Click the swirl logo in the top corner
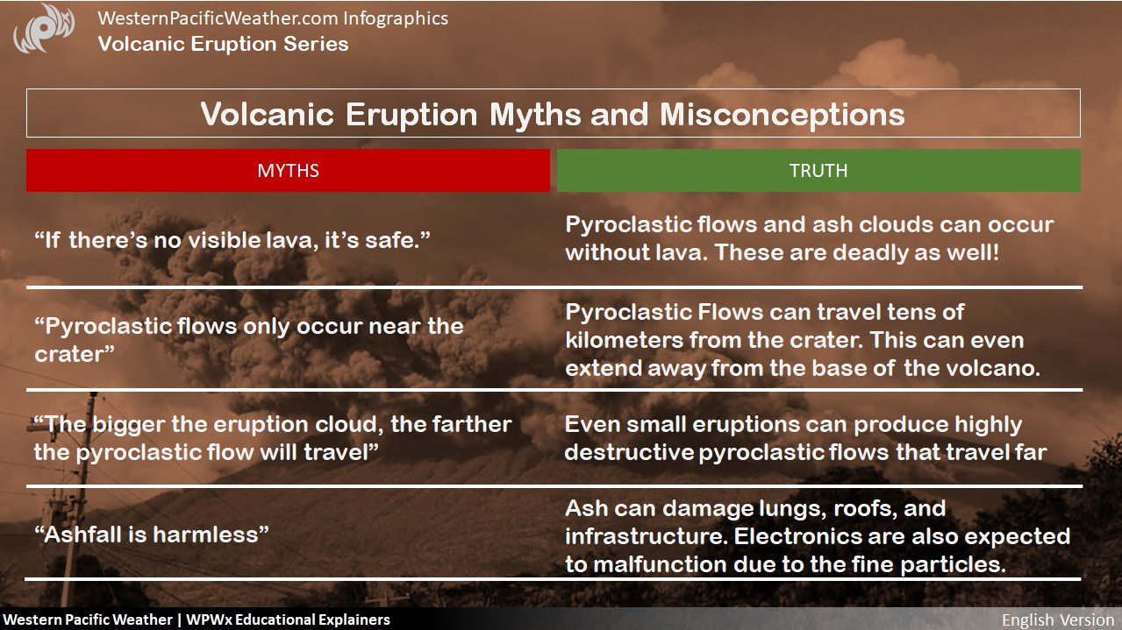point(44,29)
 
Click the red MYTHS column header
point(288,171)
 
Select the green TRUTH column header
point(818,171)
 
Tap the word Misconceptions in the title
point(783,115)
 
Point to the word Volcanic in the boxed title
point(268,115)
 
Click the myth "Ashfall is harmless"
point(152,534)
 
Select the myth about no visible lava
point(232,240)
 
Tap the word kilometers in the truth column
point(624,340)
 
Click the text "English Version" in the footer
point(1058,619)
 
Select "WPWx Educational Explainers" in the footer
point(288,619)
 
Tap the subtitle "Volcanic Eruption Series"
point(224,44)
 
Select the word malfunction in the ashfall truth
point(660,564)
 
